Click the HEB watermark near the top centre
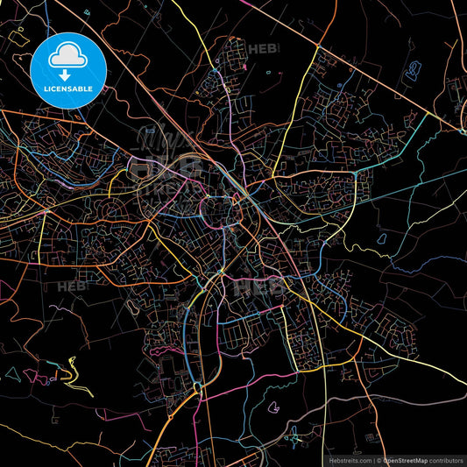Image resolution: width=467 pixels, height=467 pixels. pos(260,49)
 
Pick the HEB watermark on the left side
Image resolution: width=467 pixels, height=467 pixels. pos(71,286)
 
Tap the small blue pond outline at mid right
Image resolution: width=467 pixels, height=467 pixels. pos(382,237)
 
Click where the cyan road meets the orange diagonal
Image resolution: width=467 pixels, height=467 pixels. pos(462,131)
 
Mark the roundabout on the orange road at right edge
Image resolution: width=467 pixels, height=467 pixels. pos(462,131)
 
